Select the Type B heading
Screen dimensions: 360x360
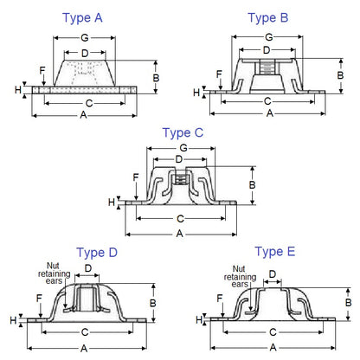point(268,16)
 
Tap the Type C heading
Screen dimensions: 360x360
point(183,132)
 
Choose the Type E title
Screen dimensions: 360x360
point(274,252)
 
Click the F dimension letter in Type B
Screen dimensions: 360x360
point(219,74)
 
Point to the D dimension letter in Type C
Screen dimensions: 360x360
point(178,160)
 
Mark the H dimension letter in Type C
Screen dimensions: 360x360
point(121,202)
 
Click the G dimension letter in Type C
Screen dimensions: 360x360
point(178,149)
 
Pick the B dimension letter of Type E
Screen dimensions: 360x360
point(349,303)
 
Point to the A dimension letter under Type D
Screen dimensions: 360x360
point(83,347)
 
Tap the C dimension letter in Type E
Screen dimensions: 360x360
point(273,332)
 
